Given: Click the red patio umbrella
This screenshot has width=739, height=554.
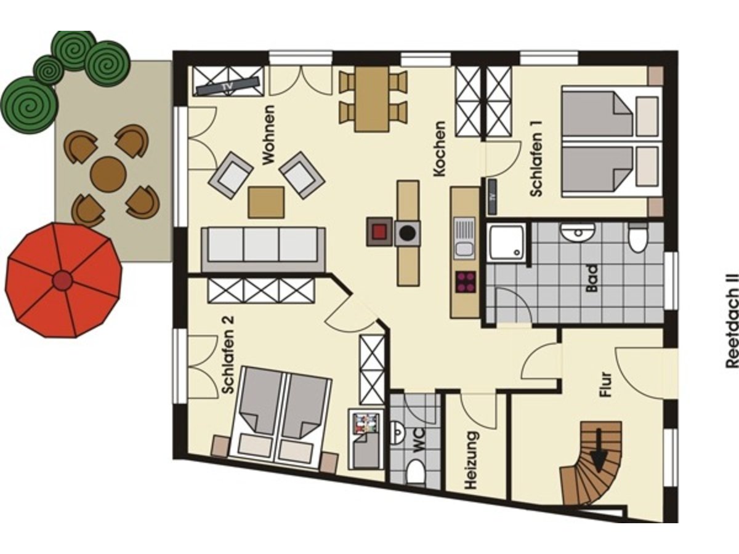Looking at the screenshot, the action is click(63, 280).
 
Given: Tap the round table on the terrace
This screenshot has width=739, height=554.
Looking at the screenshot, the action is click(108, 174).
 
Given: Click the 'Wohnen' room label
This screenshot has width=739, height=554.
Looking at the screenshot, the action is click(269, 135).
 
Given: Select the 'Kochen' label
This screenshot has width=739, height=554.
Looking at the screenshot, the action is click(439, 149).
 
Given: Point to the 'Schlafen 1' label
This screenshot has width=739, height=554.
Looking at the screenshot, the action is click(536, 158).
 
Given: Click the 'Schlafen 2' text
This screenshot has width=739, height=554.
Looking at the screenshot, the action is click(228, 355).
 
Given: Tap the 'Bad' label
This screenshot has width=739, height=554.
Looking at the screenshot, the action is click(591, 278).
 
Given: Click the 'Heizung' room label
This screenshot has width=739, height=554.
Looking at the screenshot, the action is click(470, 460).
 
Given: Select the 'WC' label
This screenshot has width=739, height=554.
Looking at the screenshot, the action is click(418, 440).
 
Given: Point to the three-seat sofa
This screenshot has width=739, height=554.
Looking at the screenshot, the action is click(263, 249).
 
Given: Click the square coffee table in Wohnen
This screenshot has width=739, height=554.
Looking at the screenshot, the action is click(266, 203).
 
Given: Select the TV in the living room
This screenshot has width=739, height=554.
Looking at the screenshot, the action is click(228, 86).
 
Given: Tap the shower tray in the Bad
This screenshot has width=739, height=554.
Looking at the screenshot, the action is click(507, 242).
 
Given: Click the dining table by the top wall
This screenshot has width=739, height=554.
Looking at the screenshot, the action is click(372, 99).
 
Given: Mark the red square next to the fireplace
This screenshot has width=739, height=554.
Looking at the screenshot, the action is click(379, 231).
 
